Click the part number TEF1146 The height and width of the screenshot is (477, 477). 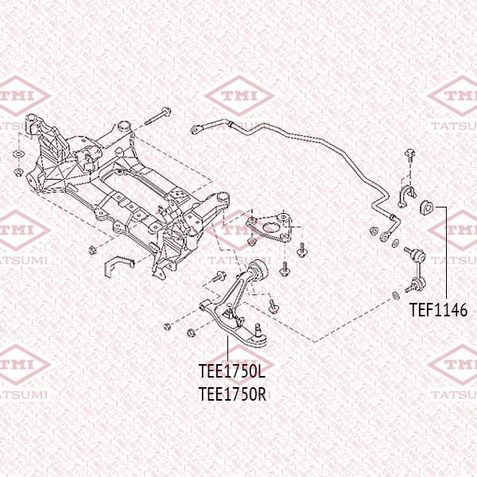click(x=438, y=311)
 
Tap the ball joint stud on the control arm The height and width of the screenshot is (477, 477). click(x=260, y=328)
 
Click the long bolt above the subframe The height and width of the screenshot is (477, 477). click(x=157, y=117)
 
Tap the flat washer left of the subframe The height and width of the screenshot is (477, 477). click(x=18, y=153)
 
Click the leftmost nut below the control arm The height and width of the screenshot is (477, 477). click(x=166, y=326)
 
